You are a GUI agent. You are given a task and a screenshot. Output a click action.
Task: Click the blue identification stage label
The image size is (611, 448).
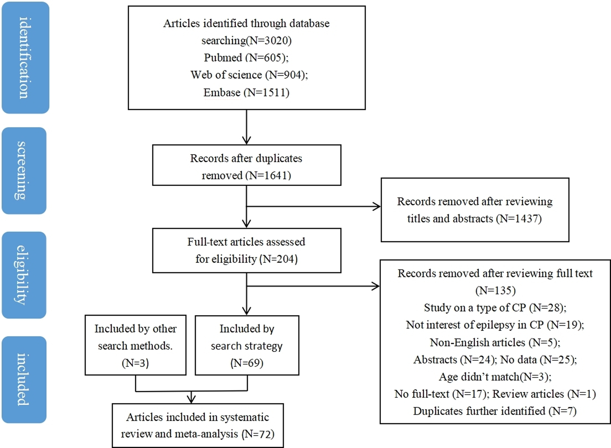pyautogui.click(x=25, y=58)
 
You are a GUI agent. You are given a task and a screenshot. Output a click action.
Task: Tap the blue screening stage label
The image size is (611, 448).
pyautogui.click(x=24, y=171)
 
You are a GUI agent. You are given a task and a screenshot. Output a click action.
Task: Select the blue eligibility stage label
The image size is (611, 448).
pyautogui.click(x=24, y=275)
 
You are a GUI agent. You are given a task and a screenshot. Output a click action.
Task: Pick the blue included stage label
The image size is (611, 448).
pyautogui.click(x=24, y=380)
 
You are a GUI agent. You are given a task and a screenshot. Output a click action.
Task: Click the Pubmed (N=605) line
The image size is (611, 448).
pyautogui.click(x=246, y=58)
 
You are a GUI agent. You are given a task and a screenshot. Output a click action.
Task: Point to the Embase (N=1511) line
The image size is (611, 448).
pyautogui.click(x=246, y=92)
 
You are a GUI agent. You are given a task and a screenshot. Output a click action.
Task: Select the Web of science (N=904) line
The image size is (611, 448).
pyautogui.click(x=249, y=75)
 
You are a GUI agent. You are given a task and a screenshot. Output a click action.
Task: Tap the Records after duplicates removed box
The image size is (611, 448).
pyautogui.click(x=246, y=165)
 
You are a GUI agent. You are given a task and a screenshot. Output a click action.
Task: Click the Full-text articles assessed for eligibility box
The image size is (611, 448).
pyautogui.click(x=246, y=250)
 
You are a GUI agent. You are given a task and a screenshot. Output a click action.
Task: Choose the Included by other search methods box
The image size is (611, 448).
pyautogui.click(x=135, y=345)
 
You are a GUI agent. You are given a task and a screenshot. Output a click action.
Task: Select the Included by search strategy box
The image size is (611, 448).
pyautogui.click(x=247, y=345)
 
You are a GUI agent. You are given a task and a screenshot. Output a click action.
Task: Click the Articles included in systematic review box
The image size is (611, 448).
pyautogui.click(x=198, y=425)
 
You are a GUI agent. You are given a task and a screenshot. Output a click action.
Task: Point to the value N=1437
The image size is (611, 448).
pyautogui.click(x=520, y=219)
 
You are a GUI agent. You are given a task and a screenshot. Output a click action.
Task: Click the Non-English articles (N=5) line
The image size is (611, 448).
pyautogui.click(x=495, y=342)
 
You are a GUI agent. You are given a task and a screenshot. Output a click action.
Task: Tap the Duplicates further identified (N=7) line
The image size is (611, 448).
pyautogui.click(x=495, y=411)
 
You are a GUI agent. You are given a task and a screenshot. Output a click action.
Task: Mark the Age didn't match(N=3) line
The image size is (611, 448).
pyautogui.click(x=495, y=377)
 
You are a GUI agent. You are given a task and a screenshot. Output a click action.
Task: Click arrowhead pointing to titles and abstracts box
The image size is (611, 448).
pyautogui.click(x=377, y=207)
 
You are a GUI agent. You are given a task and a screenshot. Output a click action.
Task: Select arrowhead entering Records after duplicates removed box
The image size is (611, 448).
pyautogui.click(x=246, y=141)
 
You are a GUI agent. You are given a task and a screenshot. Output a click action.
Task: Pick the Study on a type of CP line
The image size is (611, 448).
pyautogui.click(x=495, y=308)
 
